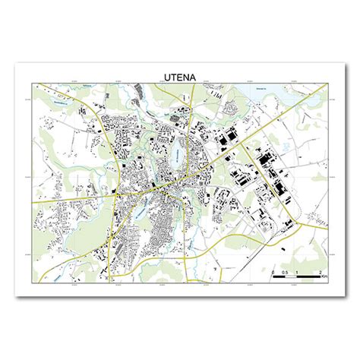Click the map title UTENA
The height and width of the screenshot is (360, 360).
180,76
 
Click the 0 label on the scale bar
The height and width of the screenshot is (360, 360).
273,271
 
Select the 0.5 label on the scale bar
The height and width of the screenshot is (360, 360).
284,271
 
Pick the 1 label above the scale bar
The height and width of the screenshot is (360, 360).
297,271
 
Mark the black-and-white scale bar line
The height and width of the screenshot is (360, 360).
297,277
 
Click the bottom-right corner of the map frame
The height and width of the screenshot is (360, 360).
330,284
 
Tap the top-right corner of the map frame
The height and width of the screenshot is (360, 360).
330,82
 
